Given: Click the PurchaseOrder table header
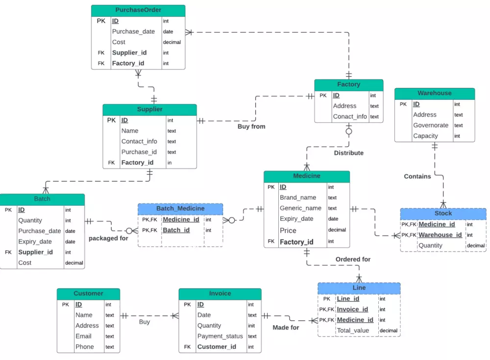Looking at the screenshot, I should pyautogui.click(x=138, y=10).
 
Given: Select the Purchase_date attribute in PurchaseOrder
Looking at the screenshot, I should pyautogui.click(x=133, y=31).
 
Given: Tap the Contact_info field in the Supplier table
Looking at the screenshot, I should pyautogui.click(x=139, y=142).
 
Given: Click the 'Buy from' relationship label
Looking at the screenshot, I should pyautogui.click(x=251, y=126).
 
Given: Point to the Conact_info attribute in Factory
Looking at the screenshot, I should pyautogui.click(x=350, y=117).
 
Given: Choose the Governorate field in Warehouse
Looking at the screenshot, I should pyautogui.click(x=431, y=125).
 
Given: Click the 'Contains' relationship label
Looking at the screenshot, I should pyautogui.click(x=417, y=176).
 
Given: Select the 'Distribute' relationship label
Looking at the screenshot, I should pyautogui.click(x=349, y=153).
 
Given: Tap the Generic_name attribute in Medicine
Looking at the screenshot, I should pyautogui.click(x=300, y=208).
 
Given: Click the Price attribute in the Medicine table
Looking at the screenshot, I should pyautogui.click(x=288, y=230).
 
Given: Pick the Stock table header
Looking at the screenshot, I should pyautogui.click(x=443, y=214).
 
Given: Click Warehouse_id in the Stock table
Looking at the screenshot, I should pyautogui.click(x=440, y=235).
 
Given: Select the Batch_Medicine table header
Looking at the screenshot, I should pyautogui.click(x=180, y=209).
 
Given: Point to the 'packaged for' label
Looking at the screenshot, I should pyautogui.click(x=108, y=239).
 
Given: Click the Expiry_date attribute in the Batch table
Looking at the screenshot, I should pyautogui.click(x=35, y=241).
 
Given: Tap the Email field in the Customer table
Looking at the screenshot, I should pyautogui.click(x=83, y=336).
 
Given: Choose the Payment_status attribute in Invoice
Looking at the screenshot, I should pyautogui.click(x=220, y=336).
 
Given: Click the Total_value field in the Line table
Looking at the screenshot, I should pyautogui.click(x=353, y=331).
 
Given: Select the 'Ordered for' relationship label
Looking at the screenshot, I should pyautogui.click(x=353, y=259).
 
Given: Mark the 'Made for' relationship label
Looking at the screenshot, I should pyautogui.click(x=286, y=327).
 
